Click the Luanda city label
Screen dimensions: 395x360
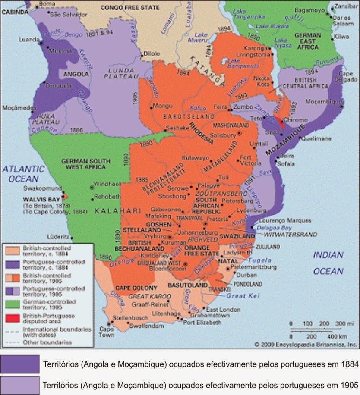pyautogui.click(x=28, y=39)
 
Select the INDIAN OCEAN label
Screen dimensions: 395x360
pyautogui.click(x=328, y=263)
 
